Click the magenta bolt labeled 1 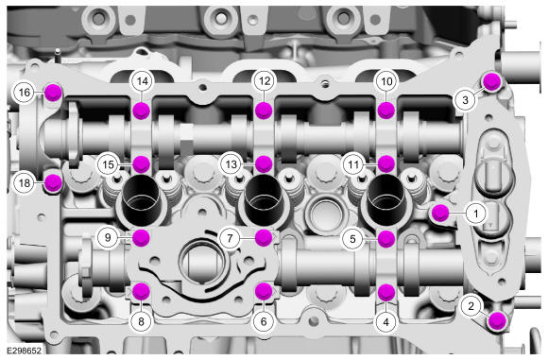coord(440,214)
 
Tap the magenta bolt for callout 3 coord(491,82)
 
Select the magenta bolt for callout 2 coord(497,321)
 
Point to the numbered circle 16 coord(25,93)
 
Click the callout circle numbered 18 coord(25,182)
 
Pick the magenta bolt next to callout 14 coord(142,111)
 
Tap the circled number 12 coord(265,81)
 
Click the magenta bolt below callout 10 coord(386,111)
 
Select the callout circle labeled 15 coord(108,164)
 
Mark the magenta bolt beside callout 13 coord(264,163)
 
